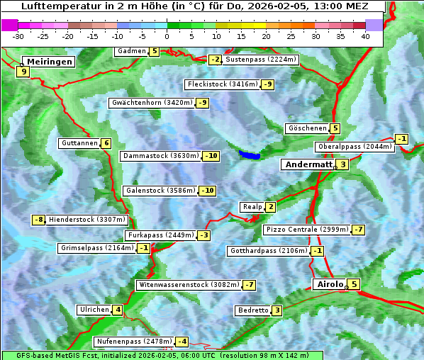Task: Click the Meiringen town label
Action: click(48, 62)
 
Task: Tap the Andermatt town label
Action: click(308, 164)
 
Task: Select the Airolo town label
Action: click(330, 284)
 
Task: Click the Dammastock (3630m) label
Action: click(160, 156)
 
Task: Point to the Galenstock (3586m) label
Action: click(160, 191)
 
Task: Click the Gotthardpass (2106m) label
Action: click(269, 251)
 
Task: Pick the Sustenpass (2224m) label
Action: click(261, 60)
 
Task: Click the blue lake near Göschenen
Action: click(250, 154)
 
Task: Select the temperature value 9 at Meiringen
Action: click(23, 71)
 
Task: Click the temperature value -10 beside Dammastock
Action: click(211, 156)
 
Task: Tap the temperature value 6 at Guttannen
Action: click(106, 143)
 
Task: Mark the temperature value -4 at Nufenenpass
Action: click(182, 342)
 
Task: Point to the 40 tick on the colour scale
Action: click(365, 35)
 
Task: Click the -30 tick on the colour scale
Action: click(18, 35)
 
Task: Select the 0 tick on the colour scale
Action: click(167, 35)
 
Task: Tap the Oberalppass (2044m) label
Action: click(355, 147)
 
